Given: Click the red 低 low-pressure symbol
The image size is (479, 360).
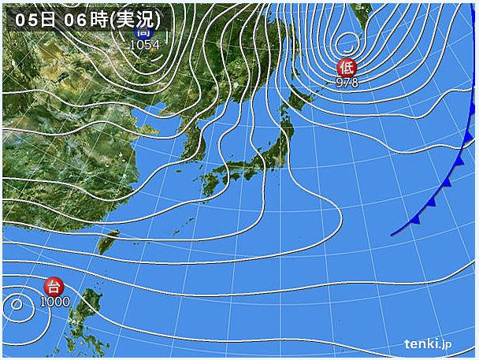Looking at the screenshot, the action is point(345,68).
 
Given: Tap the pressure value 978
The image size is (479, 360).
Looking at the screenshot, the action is point(347,82).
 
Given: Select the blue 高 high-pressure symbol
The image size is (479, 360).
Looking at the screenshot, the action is point(144,32).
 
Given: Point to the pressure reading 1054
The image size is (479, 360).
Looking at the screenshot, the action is point(145,45).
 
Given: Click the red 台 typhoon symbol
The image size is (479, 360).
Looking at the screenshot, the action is point(54,286).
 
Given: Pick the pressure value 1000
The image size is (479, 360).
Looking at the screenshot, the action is point(55,301).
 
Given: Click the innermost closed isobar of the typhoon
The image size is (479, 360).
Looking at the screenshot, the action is point(14,304).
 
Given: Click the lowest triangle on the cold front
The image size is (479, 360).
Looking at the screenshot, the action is point(414,220).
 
